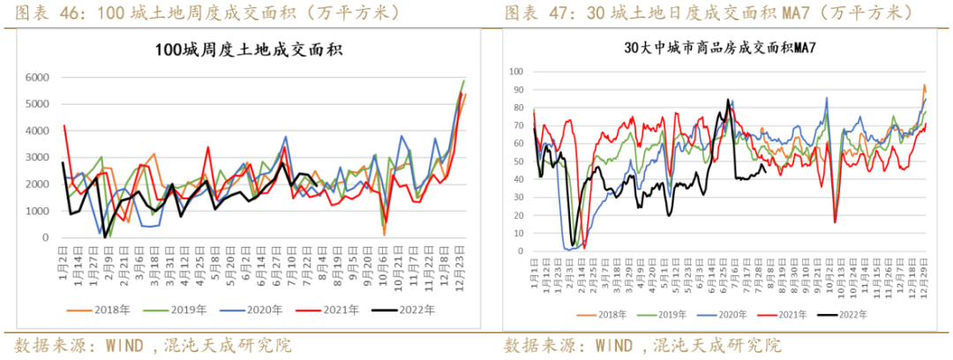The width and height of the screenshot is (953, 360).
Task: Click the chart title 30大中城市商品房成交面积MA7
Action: tap(719, 48)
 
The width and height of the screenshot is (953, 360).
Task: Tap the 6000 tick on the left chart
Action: tap(37, 78)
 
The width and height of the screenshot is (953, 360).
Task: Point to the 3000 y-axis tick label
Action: tap(37, 158)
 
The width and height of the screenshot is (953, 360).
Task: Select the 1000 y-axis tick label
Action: tap(37, 211)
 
